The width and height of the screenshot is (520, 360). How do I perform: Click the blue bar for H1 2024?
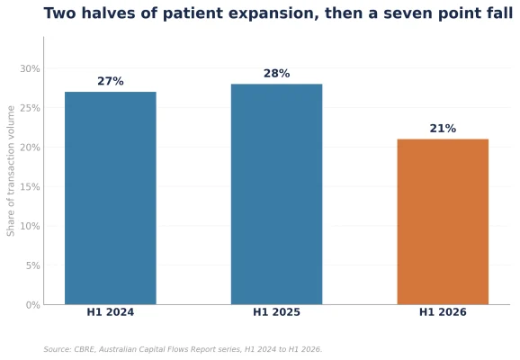[111, 198]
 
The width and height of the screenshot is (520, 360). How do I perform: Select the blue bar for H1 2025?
[276, 194]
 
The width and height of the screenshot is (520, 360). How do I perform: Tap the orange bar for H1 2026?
[443, 221]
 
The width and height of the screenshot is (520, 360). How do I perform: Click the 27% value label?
[111, 81]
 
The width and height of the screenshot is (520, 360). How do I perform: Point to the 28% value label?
[276, 73]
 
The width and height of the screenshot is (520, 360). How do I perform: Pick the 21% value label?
[443, 129]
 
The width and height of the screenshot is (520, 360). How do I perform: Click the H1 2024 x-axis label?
[111, 312]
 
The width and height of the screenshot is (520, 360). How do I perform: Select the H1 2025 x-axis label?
[276, 312]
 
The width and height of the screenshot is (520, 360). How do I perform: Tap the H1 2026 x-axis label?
[443, 312]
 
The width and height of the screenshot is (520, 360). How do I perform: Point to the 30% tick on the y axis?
[30, 68]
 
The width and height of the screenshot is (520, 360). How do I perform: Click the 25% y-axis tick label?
[30, 108]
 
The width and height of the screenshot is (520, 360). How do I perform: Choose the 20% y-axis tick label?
[30, 148]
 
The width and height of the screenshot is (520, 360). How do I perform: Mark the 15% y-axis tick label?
[30, 187]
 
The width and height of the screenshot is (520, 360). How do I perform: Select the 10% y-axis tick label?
[30, 226]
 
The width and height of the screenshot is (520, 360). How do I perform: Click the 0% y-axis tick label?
[32, 305]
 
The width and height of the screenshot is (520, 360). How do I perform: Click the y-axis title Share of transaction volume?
[11, 171]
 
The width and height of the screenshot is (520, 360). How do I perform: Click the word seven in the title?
[408, 13]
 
